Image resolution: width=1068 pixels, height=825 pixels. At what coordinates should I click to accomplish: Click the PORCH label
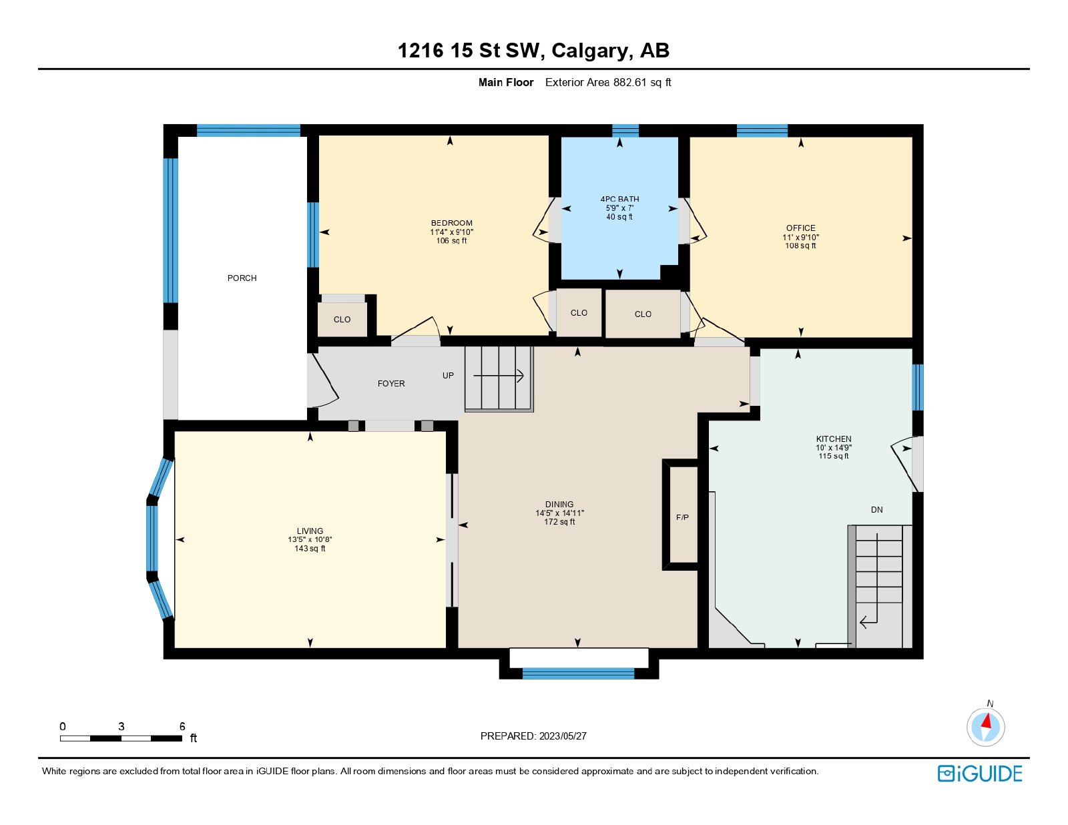242,278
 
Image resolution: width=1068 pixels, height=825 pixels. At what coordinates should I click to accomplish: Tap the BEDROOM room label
451,223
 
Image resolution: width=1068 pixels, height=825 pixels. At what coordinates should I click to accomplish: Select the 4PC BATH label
619,199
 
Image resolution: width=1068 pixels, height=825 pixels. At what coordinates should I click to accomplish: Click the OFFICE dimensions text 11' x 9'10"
800,237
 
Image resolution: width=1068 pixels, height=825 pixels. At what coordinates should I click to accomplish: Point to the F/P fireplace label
682,517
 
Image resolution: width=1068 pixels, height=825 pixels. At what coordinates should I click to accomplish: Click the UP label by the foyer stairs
448,375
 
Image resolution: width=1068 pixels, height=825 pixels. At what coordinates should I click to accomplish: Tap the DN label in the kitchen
876,509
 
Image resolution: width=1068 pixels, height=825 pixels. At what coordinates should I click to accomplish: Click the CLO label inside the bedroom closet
342,319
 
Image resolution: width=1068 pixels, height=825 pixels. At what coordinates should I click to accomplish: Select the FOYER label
391,383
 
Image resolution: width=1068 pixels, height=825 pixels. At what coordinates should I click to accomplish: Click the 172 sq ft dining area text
559,522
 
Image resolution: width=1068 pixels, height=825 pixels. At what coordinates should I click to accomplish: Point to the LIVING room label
310,531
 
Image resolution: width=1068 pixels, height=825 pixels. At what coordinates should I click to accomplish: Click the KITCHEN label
833,439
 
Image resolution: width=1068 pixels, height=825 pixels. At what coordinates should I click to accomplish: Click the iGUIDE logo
979,774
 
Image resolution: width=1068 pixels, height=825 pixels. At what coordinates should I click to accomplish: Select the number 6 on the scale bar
182,726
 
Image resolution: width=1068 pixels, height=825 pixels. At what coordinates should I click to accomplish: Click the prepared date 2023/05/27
563,736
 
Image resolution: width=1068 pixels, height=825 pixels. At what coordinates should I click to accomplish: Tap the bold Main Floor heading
506,82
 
